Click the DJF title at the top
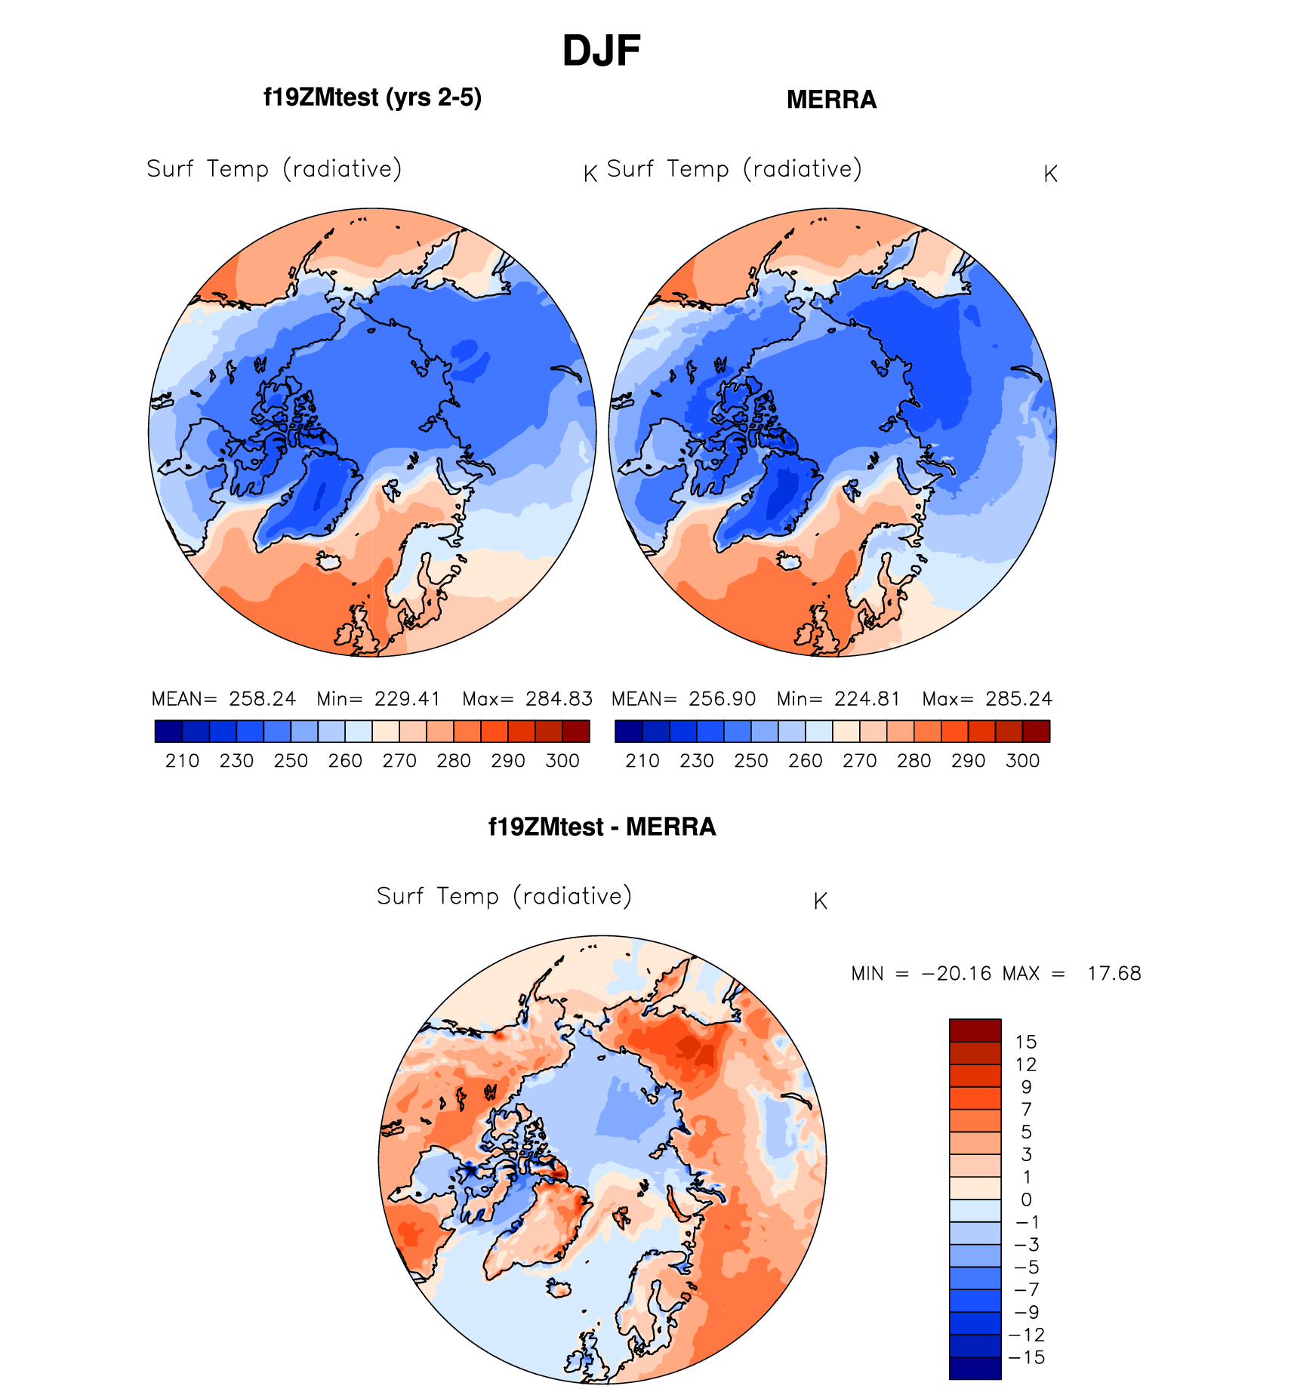pyautogui.click(x=601, y=51)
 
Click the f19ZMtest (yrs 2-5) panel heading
pyautogui.click(x=372, y=98)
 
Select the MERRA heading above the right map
pyautogui.click(x=831, y=100)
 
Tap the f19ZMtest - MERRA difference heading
pyautogui.click(x=602, y=827)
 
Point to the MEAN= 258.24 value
pyautogui.click(x=224, y=699)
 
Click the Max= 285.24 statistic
pyautogui.click(x=987, y=699)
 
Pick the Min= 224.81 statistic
pyautogui.click(x=838, y=699)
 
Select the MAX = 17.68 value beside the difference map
pyautogui.click(x=1072, y=974)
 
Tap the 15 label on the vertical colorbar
pyautogui.click(x=1026, y=1043)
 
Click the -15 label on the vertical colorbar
pyautogui.click(x=1027, y=1358)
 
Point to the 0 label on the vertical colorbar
pyautogui.click(x=1026, y=1200)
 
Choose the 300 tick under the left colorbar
pyautogui.click(x=562, y=761)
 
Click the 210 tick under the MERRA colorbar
pyautogui.click(x=642, y=761)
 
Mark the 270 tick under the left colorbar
pyautogui.click(x=399, y=761)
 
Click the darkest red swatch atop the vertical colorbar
pyautogui.click(x=975, y=1030)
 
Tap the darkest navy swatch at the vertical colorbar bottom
pyautogui.click(x=975, y=1369)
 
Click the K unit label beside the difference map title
pyautogui.click(x=821, y=901)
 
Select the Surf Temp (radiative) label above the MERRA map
pyautogui.click(x=734, y=169)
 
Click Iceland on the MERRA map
pyautogui.click(x=790, y=562)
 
